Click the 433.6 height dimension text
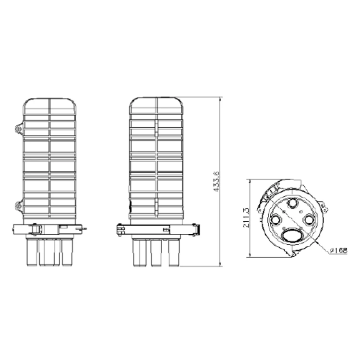pyautogui.click(x=216, y=181)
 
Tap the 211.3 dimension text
pyautogui.click(x=246, y=218)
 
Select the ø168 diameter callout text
pyautogui.click(x=338, y=251)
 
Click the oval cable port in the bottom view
pyautogui.click(x=292, y=235)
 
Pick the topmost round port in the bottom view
pyautogui.click(x=292, y=203)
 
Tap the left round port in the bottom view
pyautogui.click(x=275, y=220)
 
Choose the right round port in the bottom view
pyautogui.click(x=309, y=219)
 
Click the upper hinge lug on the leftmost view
pyautogui.click(x=19, y=129)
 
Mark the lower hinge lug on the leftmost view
pyautogui.click(x=19, y=205)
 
